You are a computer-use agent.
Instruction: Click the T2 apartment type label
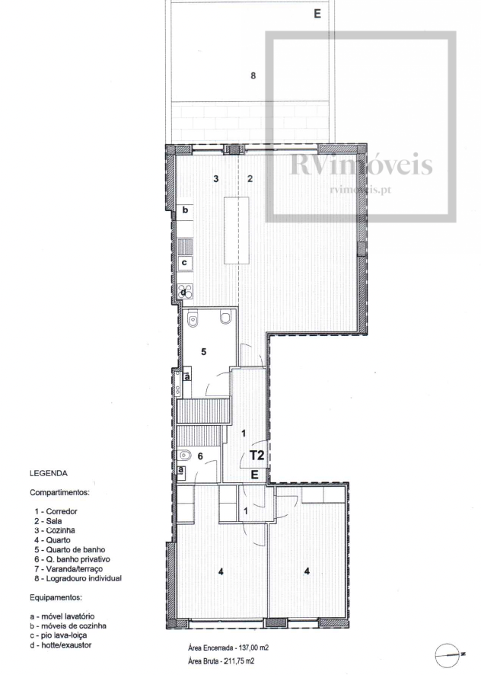[256, 455]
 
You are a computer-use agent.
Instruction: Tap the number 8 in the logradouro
[253, 75]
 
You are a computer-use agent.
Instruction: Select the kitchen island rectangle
[236, 230]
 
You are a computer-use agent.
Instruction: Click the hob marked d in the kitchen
[185, 292]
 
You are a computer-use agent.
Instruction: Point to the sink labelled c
[185, 262]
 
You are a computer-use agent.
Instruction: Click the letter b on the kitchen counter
[186, 210]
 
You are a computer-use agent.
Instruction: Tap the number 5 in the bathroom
[204, 352]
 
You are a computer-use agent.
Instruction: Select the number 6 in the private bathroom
[200, 456]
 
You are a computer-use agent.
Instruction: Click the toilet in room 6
[184, 455]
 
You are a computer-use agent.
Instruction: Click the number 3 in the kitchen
[216, 178]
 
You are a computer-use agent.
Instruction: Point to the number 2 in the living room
[250, 178]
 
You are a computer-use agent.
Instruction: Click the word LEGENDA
[49, 474]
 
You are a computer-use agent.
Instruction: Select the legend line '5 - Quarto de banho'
[70, 550]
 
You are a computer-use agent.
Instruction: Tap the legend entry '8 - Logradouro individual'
[78, 578]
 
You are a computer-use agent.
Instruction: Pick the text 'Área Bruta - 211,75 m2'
[225, 661]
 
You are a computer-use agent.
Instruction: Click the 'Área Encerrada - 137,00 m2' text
[228, 648]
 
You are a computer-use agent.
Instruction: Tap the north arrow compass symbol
[448, 654]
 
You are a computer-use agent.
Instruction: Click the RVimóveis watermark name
[362, 165]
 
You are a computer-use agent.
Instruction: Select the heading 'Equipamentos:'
[56, 598]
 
